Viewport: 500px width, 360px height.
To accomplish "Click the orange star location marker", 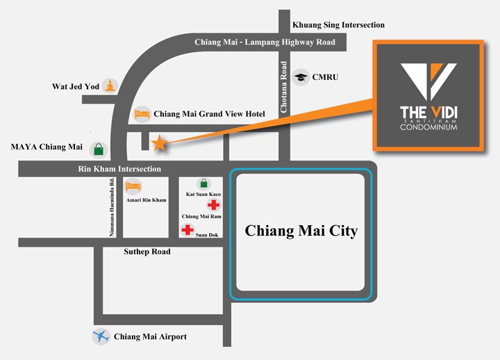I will [x=159, y=142].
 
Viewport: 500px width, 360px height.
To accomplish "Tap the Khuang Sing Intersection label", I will [x=338, y=25].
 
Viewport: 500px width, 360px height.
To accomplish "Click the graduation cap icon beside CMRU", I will [x=301, y=76].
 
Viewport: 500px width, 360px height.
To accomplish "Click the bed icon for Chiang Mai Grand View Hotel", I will [x=142, y=113].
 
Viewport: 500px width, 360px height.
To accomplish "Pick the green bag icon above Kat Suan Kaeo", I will [x=203, y=183].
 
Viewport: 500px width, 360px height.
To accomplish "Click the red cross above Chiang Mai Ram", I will [x=213, y=205].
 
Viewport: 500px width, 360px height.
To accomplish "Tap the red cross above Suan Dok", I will [x=187, y=230].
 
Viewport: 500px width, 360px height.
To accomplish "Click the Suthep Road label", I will [x=147, y=252].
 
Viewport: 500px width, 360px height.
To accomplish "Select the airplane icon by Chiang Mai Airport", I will [x=101, y=337].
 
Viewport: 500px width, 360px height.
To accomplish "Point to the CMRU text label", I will [x=325, y=76].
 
